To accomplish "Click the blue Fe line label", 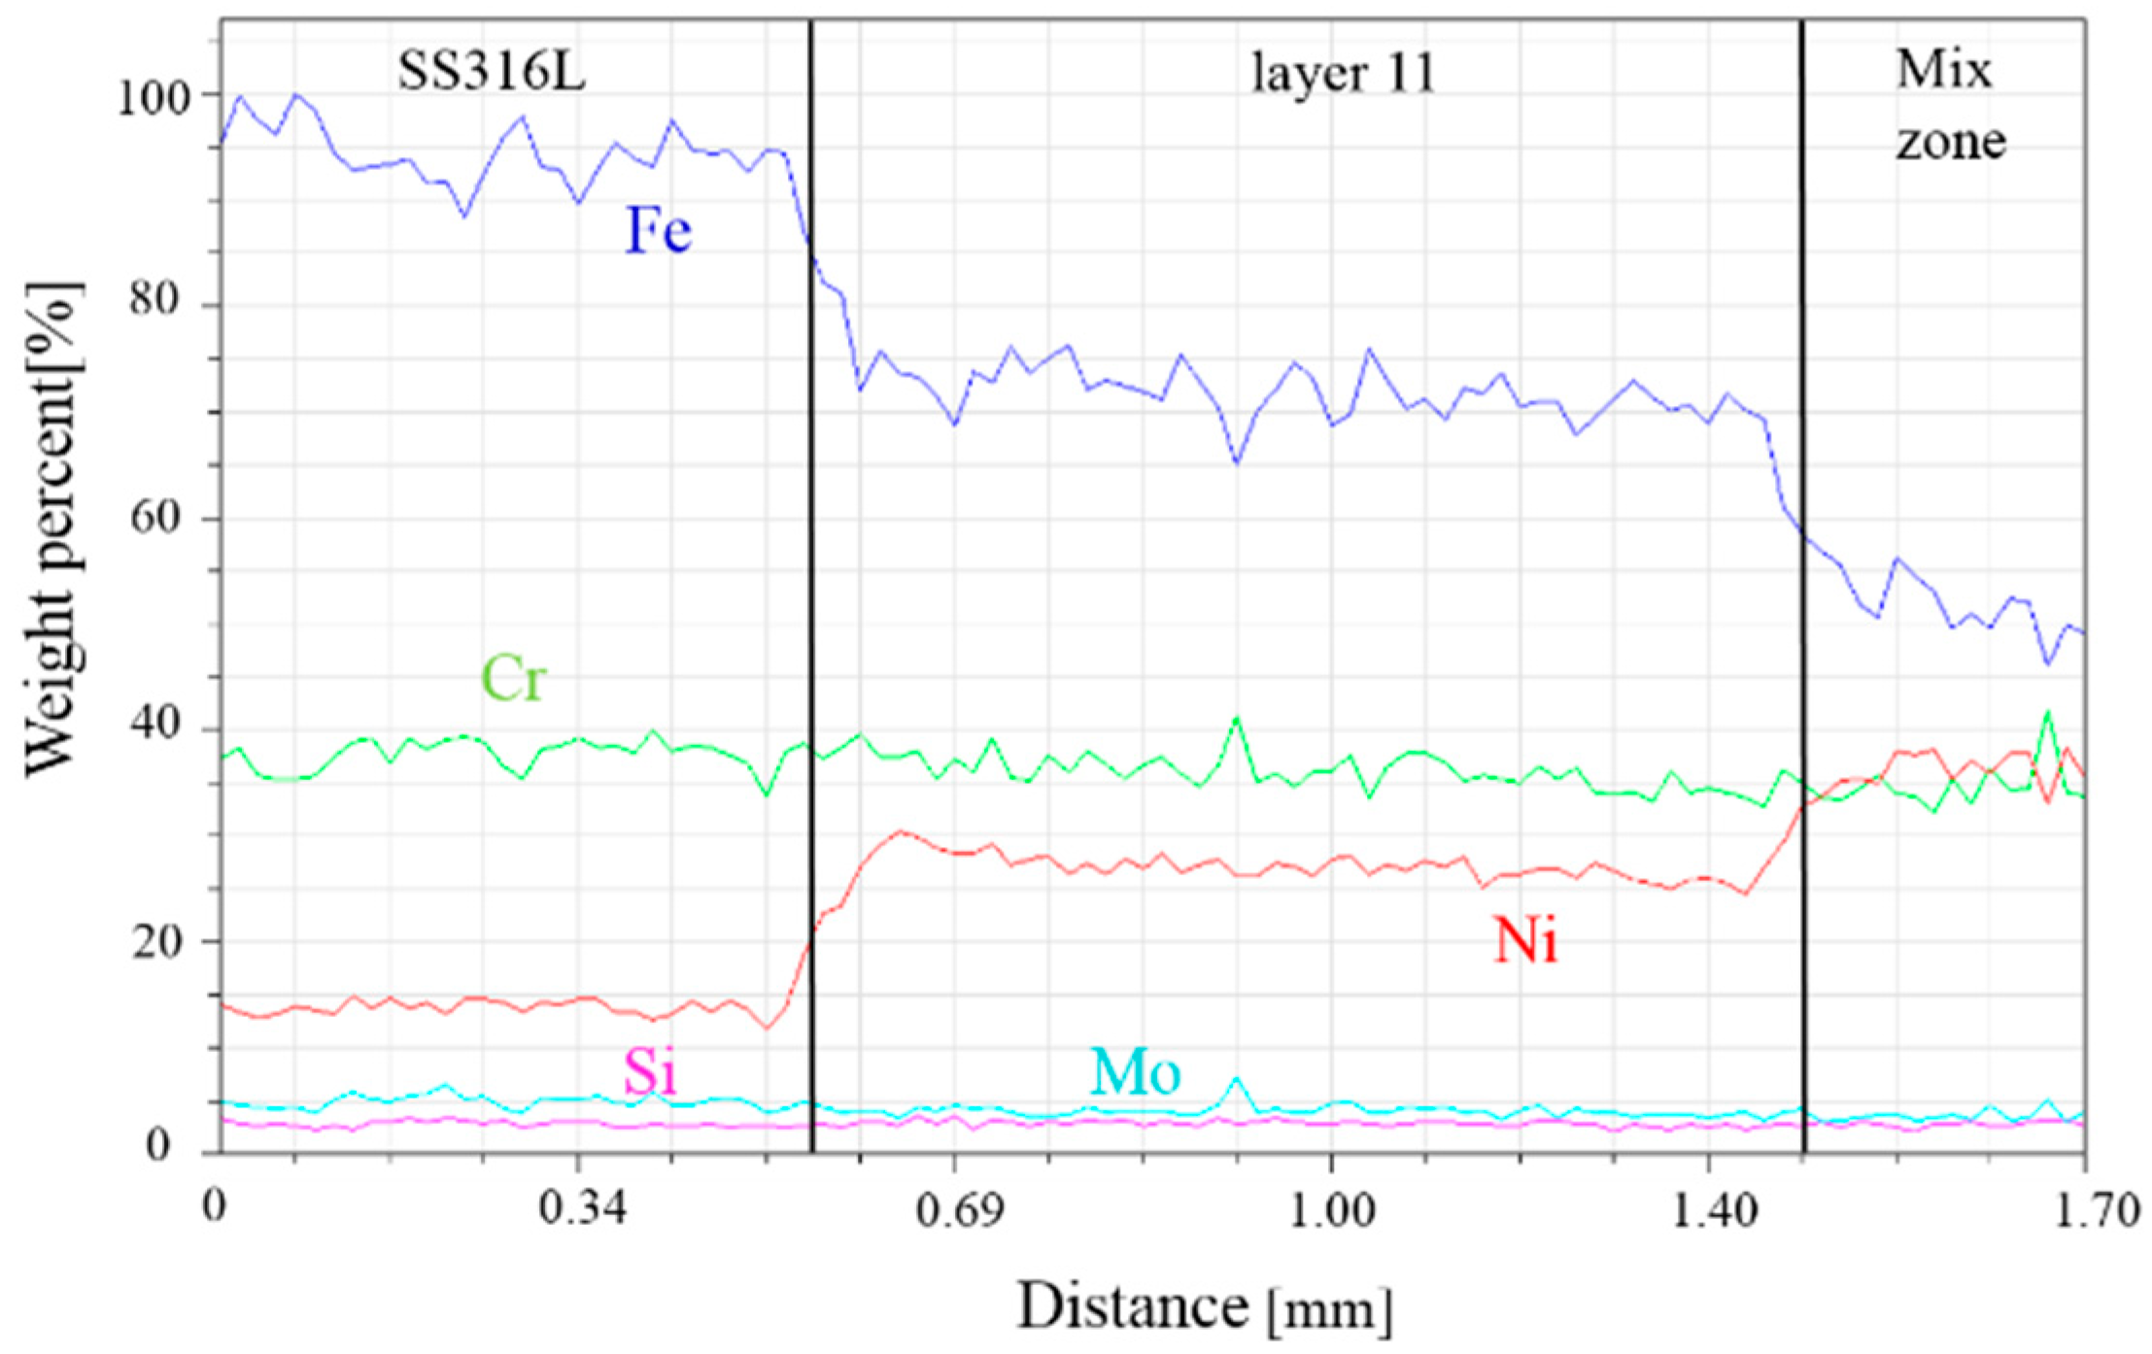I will (658, 231).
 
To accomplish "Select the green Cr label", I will (514, 678).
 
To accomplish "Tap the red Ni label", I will (1525, 940).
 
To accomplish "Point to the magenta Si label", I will (650, 1072).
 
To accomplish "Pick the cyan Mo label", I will (1135, 1072).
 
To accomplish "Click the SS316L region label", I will (492, 72).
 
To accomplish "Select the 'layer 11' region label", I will (1342, 74).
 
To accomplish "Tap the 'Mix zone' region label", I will (1949, 105).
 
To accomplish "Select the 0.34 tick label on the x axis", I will (580, 1210).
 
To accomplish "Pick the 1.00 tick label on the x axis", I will (1331, 1210).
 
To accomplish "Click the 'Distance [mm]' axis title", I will (1205, 1307).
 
